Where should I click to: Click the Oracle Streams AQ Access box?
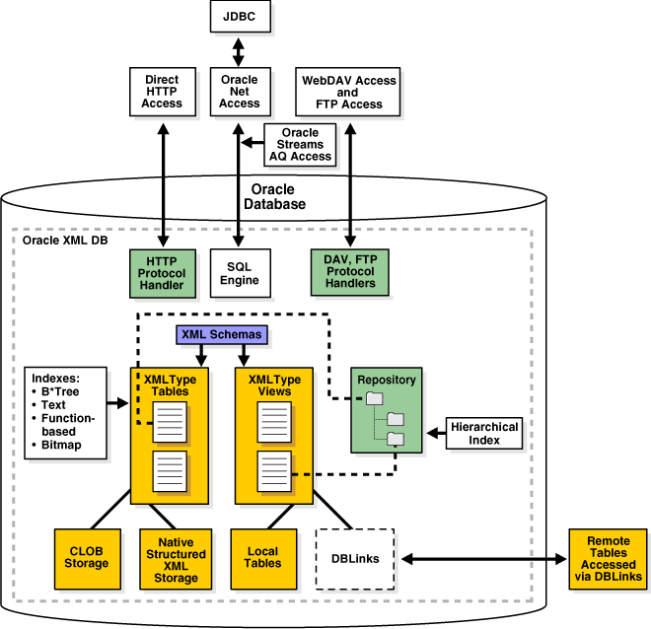click(302, 145)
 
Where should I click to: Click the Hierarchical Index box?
click(484, 433)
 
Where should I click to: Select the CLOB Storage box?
click(88, 556)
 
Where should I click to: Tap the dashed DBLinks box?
click(354, 559)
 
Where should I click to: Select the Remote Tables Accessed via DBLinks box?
click(609, 559)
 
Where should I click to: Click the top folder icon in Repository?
click(374, 398)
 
